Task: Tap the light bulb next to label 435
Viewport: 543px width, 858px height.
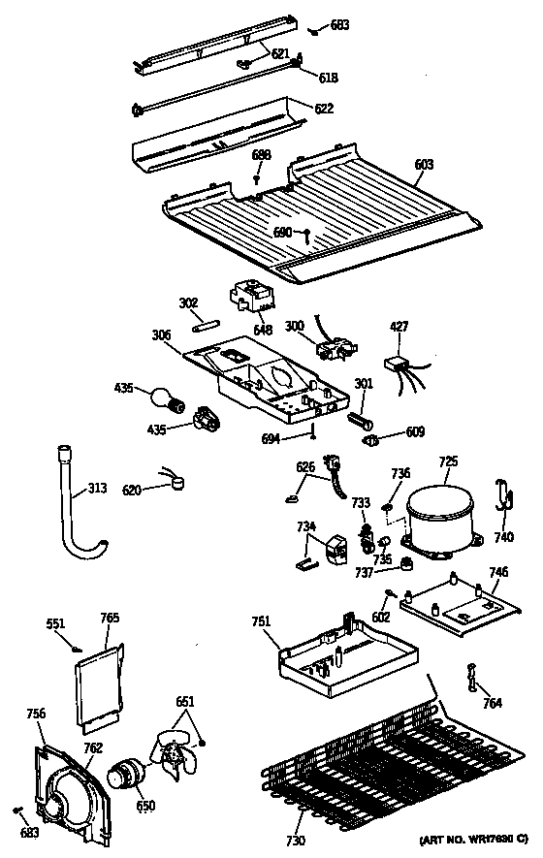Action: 163,397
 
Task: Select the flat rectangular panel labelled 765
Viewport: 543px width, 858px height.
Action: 102,689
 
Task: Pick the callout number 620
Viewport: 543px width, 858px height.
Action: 131,492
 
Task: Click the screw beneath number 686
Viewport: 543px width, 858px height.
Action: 256,178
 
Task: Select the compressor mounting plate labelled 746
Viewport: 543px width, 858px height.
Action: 458,605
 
